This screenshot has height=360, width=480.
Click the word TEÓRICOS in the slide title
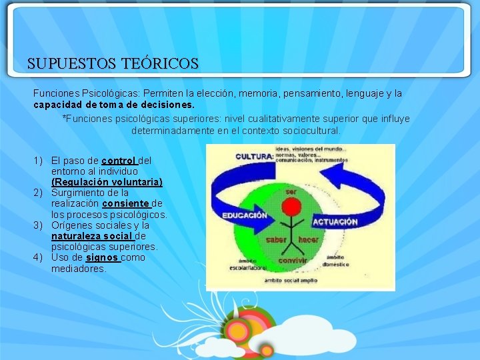160,64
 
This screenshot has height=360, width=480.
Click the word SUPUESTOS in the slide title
72,64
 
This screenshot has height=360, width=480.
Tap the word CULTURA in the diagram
254,157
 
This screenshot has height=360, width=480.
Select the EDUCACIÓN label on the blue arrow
244,215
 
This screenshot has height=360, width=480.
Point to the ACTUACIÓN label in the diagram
335,221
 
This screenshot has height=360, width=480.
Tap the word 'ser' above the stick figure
291,191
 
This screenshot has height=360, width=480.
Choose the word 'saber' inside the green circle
276,239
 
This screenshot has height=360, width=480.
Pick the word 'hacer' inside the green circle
308,239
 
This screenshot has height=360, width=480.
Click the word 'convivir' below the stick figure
293,261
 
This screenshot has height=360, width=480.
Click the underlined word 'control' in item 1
119,161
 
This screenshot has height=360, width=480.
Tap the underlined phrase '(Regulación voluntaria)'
107,182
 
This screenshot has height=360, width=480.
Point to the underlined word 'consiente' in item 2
127,203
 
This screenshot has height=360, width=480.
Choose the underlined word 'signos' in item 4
103,257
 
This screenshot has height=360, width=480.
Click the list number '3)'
39,225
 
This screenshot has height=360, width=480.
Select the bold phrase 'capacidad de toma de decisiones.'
114,105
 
